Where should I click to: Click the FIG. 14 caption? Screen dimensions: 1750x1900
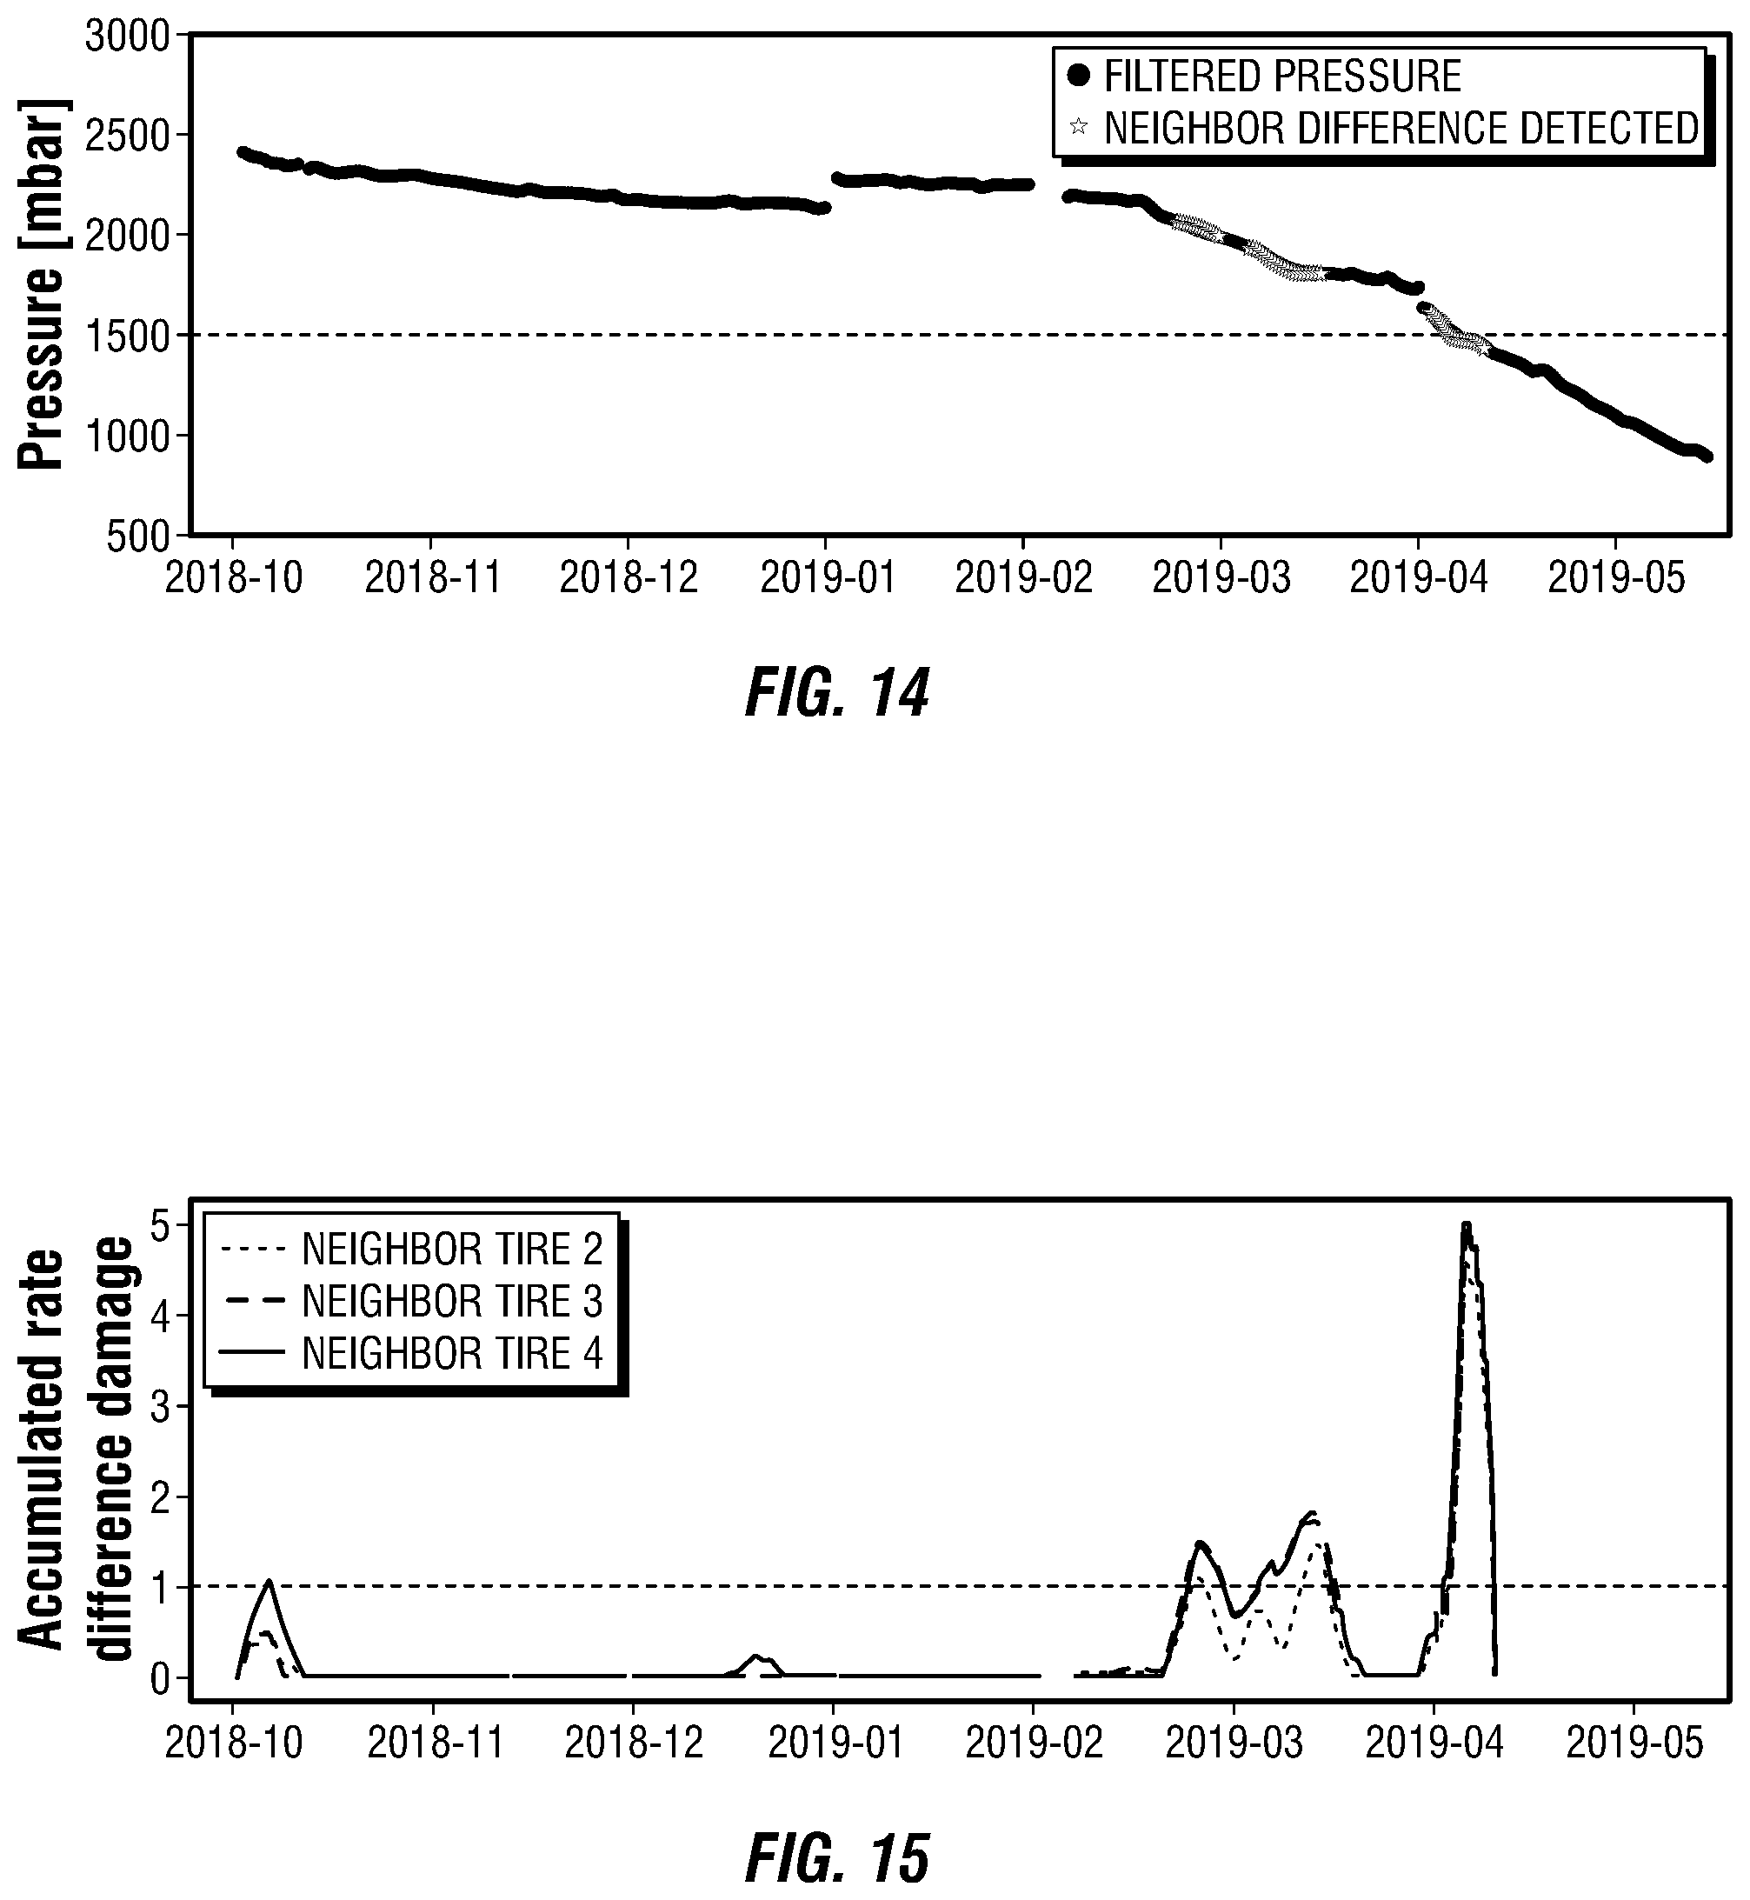coord(837,693)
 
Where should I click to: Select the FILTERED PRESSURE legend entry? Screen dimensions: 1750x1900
coord(1264,76)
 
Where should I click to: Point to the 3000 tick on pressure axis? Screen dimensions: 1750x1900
coord(127,37)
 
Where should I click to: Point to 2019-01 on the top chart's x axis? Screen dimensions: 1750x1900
coord(828,577)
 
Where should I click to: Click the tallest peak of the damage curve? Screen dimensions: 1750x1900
coord(1466,1224)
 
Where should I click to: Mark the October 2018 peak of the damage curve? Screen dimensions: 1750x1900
coord(269,1580)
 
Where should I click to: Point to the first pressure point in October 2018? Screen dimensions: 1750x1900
coord(243,151)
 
